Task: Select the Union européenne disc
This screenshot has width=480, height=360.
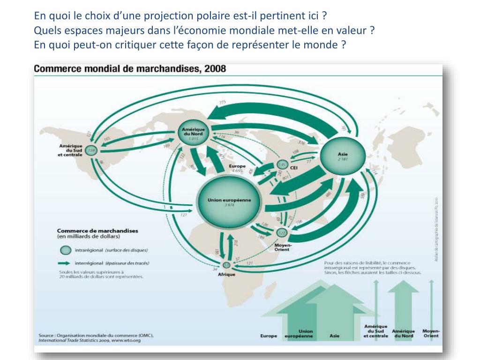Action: [229, 202]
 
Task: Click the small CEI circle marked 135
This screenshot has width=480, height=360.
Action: [282, 165]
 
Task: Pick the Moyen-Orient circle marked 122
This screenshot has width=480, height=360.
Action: [281, 233]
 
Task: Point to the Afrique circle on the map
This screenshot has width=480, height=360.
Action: [227, 265]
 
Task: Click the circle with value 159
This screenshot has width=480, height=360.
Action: [92, 150]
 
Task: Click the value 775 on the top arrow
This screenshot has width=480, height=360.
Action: [222, 102]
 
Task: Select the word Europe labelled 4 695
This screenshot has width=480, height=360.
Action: [237, 166]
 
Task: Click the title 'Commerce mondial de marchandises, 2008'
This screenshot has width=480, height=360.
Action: [130, 69]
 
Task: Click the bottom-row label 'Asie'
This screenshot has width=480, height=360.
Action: [335, 336]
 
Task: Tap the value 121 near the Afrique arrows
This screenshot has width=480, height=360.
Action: [250, 263]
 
